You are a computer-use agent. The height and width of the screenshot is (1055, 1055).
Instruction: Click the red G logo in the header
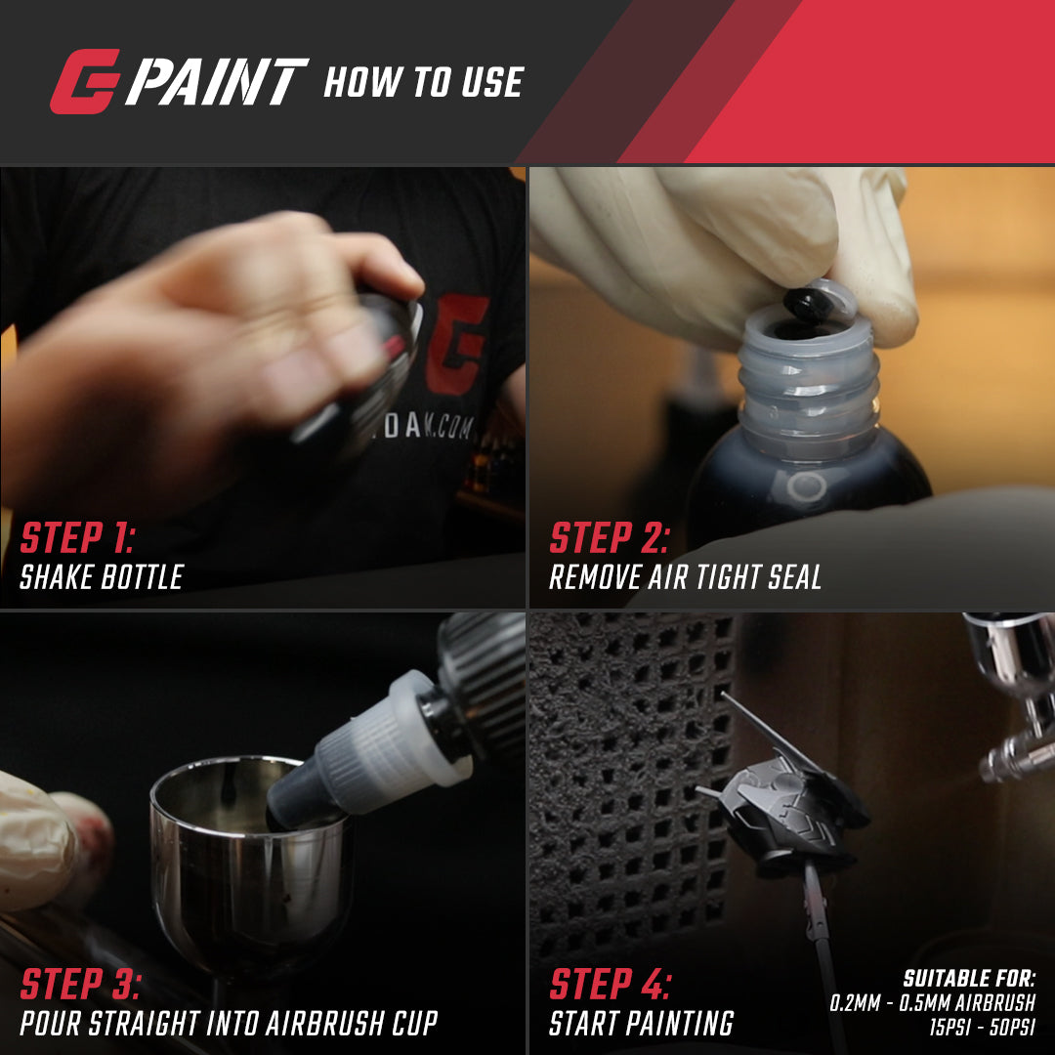[x=85, y=81]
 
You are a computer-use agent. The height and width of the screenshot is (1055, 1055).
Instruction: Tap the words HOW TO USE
[x=423, y=82]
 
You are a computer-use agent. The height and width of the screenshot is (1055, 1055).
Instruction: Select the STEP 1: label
[x=77, y=537]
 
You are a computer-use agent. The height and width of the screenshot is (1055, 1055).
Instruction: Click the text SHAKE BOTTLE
[x=102, y=577]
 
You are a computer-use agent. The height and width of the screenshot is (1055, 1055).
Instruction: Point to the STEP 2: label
[x=610, y=537]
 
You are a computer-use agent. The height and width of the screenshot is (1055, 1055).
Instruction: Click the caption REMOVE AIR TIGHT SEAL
[x=685, y=577]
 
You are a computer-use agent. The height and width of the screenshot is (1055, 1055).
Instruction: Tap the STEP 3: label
[x=81, y=984]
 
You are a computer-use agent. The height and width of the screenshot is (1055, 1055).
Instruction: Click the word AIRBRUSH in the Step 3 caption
[x=325, y=1024]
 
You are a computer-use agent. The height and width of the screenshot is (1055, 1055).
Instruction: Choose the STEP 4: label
[x=611, y=984]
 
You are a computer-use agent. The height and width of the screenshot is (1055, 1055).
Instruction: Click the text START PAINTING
[x=641, y=1024]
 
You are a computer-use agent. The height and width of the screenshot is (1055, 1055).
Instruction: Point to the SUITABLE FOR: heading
[x=969, y=978]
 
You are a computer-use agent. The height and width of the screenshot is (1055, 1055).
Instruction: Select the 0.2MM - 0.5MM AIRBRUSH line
[x=933, y=1002]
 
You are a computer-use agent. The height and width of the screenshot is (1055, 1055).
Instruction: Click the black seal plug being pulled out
[x=808, y=305]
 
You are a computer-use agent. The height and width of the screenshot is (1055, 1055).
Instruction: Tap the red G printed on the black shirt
[x=455, y=344]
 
